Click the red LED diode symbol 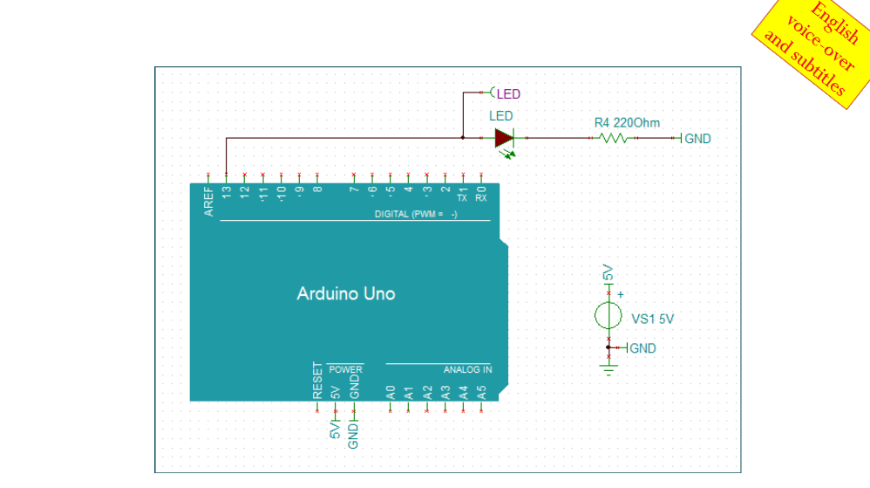tap(504, 138)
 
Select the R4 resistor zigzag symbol tap(614, 138)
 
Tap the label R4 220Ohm tap(627, 122)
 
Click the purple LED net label tap(508, 94)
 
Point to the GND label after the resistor tap(697, 139)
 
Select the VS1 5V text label tap(652, 319)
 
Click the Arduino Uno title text tap(346, 293)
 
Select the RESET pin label tap(317, 381)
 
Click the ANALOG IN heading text tap(467, 369)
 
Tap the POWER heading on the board tap(345, 369)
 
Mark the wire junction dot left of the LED tap(463, 138)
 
